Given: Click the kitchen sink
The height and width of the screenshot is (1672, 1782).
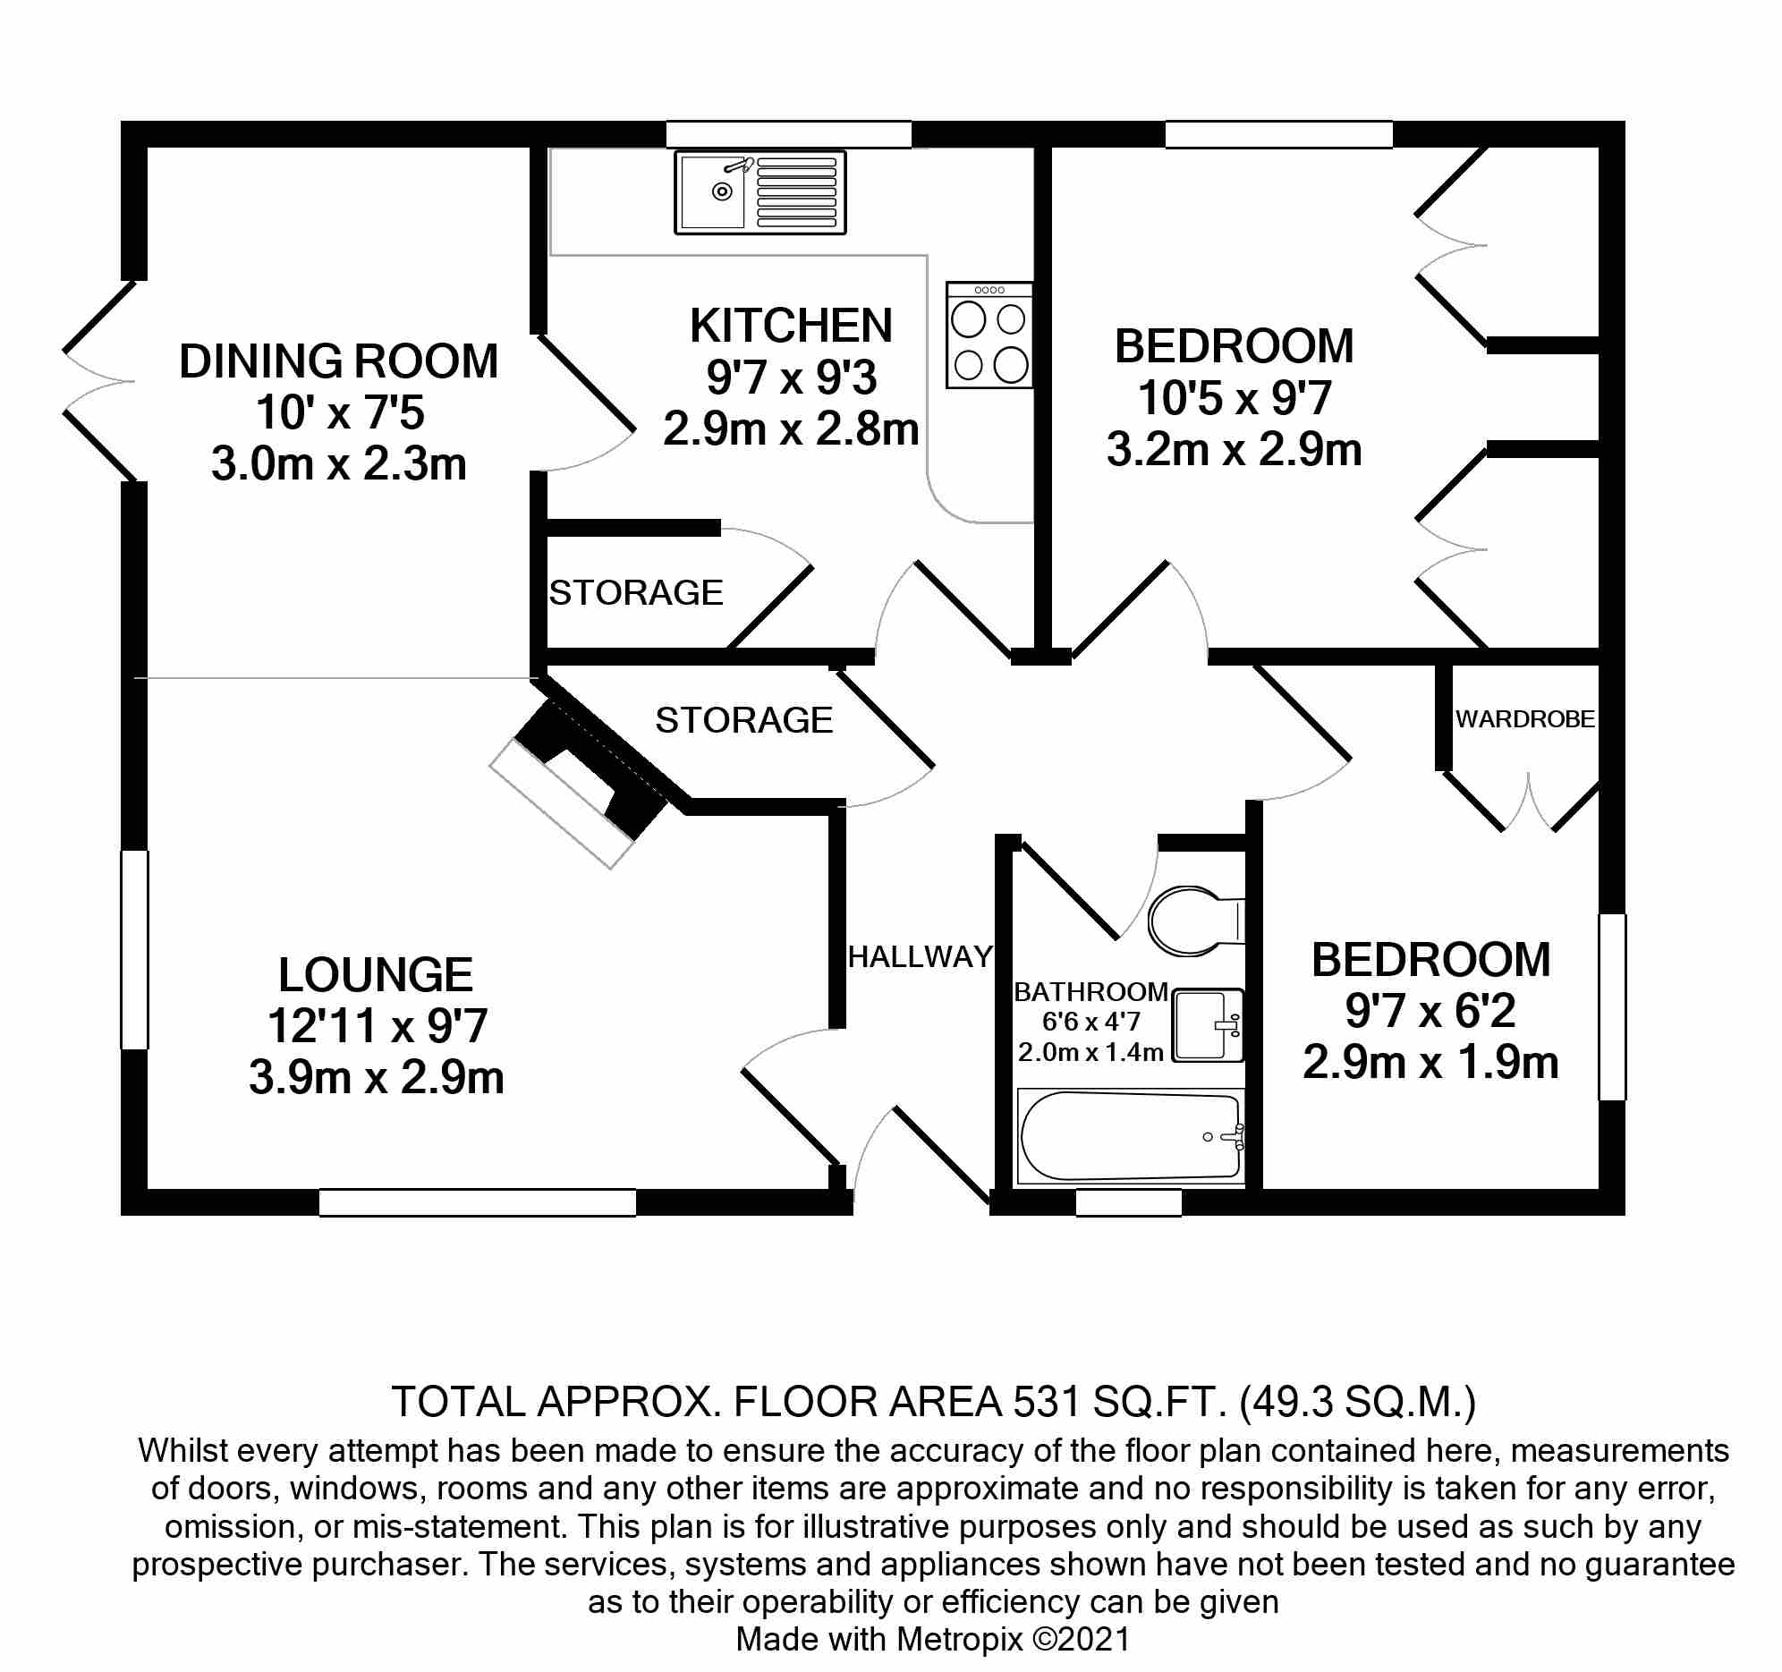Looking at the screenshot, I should [760, 192].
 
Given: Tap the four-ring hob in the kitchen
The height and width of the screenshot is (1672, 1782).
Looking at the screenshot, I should [989, 336].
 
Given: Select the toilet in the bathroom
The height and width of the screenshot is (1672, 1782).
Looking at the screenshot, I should [1193, 921].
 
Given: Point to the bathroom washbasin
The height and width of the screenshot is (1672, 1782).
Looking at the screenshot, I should [1207, 1024].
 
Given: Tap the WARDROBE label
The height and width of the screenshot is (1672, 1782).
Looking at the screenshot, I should [1524, 719].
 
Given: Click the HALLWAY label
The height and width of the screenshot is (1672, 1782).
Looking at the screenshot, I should [920, 956].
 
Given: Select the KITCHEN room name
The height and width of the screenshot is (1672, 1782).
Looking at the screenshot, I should [791, 326].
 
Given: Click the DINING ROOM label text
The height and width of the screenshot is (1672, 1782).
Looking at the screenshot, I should [338, 361].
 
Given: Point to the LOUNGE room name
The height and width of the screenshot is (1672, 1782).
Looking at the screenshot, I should [376, 974].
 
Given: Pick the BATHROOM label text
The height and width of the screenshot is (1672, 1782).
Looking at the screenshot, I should [1090, 991].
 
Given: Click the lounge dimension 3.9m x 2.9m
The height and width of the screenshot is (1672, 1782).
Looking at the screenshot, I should [376, 1078].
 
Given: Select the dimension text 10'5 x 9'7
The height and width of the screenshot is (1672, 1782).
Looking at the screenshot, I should [1234, 398].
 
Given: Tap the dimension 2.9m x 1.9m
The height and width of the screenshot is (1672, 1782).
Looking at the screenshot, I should [1430, 1063].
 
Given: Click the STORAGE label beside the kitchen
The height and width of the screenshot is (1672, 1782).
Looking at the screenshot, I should [635, 592].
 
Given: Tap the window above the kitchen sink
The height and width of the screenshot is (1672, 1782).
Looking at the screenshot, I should [788, 134].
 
